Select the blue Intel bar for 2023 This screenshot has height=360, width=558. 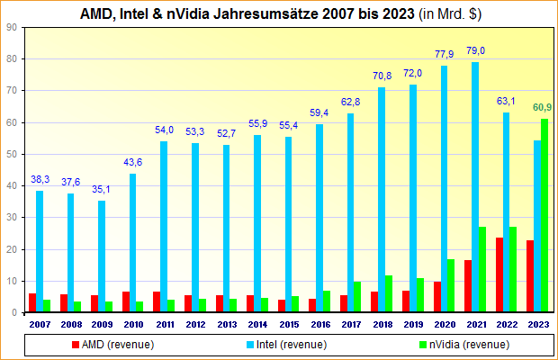tap(538, 226)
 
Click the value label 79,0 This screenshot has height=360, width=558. tap(475, 50)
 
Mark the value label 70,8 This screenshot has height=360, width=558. tap(382, 76)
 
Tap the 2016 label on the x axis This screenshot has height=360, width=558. tap(321, 323)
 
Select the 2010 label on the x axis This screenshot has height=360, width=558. tap(133, 323)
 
